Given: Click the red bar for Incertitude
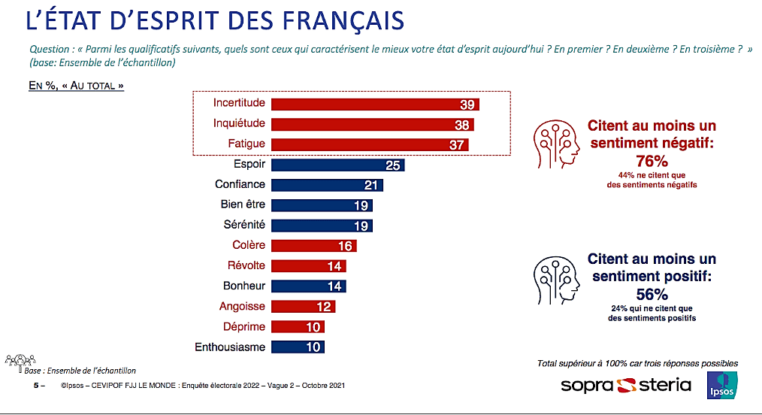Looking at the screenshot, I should coord(374,104).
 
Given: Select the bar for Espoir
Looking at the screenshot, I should coord(337,165).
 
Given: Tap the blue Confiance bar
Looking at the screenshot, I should coord(327,185).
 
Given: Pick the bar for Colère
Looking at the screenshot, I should coord(313,245).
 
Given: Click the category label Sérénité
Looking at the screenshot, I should coord(243,225).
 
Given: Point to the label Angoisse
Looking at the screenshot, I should coord(242,306).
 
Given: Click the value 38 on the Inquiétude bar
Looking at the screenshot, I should coord(461,125).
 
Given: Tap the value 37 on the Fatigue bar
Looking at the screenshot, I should coord(457,145).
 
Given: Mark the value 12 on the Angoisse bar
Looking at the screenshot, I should coord(324,307).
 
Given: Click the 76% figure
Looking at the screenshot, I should coord(652,160).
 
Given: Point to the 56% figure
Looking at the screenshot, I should coord(652,293).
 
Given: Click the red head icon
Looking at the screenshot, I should coord(557,144).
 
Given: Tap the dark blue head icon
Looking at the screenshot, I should coord(557,280).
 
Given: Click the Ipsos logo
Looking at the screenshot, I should coord(722,386).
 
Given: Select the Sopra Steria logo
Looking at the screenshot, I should coord(626,386).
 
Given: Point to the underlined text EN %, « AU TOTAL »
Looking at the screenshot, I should coord(76,86).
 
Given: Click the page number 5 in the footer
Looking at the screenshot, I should coord(36,386).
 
